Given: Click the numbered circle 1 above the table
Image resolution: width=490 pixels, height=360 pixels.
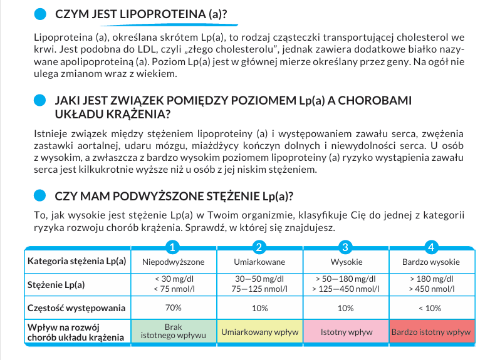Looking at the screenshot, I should click(x=174, y=247).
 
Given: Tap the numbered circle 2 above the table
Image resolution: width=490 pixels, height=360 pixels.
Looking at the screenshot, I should click(x=259, y=247).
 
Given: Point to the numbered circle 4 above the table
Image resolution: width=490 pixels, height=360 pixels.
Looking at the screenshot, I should click(x=430, y=247).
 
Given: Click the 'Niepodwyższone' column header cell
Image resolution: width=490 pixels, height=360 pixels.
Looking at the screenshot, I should click(x=174, y=262).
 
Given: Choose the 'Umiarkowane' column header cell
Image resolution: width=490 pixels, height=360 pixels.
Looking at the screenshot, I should click(x=259, y=262).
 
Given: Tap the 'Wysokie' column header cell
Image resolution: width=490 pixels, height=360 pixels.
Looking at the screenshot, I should click(x=346, y=262).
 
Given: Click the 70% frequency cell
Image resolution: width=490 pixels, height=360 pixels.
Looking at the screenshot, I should click(x=174, y=308).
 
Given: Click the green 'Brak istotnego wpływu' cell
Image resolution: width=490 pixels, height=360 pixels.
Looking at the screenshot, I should click(x=174, y=332).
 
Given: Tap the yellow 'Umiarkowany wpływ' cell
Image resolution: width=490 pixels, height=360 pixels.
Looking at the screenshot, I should click(x=259, y=332).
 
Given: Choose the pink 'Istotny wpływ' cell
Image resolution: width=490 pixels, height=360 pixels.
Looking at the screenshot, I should click(x=346, y=332).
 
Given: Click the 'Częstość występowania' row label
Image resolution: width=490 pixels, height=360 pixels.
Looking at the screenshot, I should click(x=76, y=308).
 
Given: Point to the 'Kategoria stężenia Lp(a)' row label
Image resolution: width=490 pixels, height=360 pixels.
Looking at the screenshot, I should click(x=76, y=262).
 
